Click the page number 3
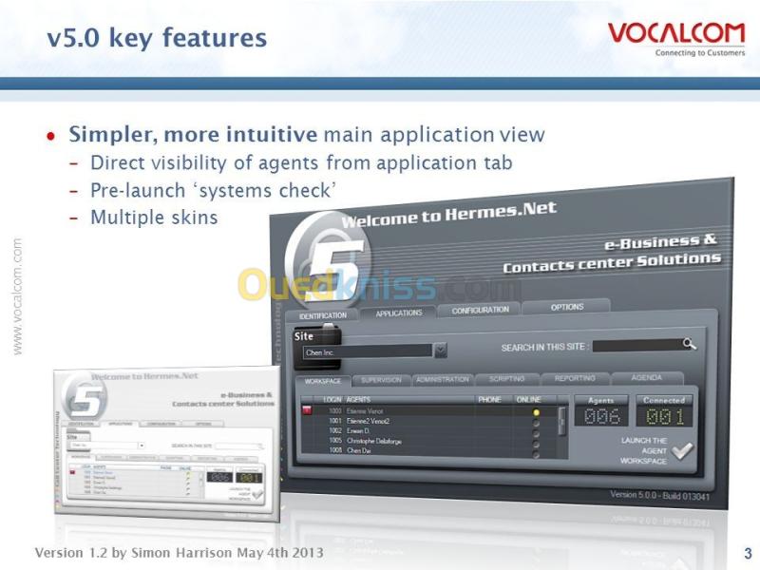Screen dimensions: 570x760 coord(748,553)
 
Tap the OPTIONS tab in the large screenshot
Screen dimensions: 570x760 coord(567,307)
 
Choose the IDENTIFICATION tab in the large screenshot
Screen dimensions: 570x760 coord(323,315)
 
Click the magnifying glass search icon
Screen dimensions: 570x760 coord(690,344)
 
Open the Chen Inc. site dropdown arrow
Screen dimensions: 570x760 coord(441,351)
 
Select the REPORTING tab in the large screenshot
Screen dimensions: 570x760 coord(575,378)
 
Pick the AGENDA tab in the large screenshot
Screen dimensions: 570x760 coord(647,377)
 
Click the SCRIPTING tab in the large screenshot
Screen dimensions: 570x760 coord(506,379)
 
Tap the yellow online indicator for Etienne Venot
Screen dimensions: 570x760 coord(536,412)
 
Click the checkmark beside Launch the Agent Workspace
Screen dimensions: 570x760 coord(682,453)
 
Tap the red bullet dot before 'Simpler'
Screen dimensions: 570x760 coord(51,136)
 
